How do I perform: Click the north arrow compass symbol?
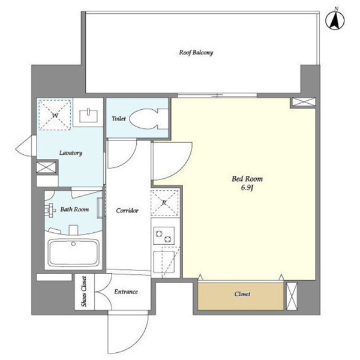click(335, 20)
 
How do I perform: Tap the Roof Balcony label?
click(196, 53)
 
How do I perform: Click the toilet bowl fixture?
click(149, 119)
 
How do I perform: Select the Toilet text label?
click(119, 118)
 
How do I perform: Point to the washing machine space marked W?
click(55, 115)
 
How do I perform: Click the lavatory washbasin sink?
click(88, 116)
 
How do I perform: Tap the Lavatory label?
click(71, 153)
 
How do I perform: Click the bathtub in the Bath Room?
click(73, 253)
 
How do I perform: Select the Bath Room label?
click(74, 209)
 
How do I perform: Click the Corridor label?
click(127, 211)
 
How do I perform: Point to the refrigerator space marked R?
click(164, 203)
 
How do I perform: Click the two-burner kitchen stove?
click(164, 236)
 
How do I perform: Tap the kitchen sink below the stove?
click(164, 262)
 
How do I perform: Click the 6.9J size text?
click(247, 188)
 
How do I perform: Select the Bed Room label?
click(247, 179)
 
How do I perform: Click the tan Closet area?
click(241, 296)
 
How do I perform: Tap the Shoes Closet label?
click(84, 292)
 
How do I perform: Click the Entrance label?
click(126, 292)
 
